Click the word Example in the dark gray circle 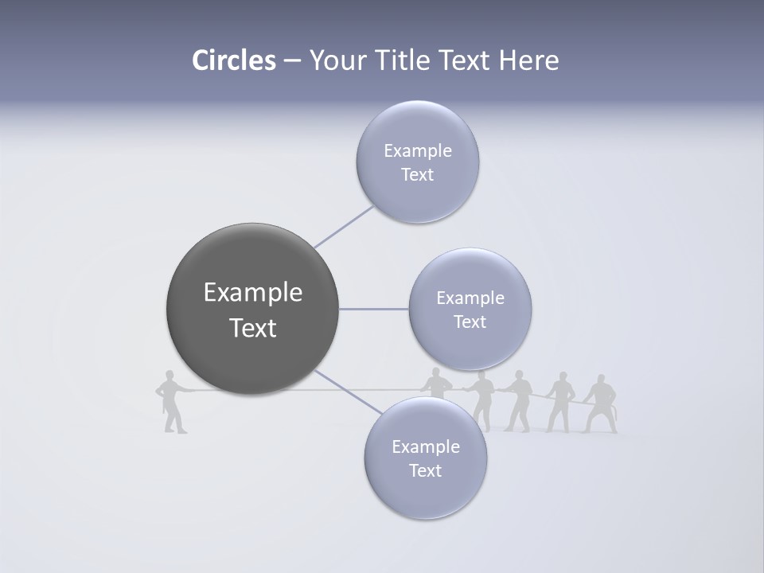[253, 293]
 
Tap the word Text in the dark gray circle [253, 328]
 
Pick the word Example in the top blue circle [418, 150]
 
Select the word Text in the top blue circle [418, 174]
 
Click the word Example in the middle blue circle [470, 298]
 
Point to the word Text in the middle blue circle [470, 322]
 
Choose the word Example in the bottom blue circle [426, 446]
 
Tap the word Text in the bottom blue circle [426, 470]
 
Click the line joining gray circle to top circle [344, 227]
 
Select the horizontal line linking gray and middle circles [374, 309]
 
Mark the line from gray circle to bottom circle [348, 392]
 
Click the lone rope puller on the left [170, 402]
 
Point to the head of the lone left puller [168, 376]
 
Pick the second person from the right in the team [561, 402]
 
